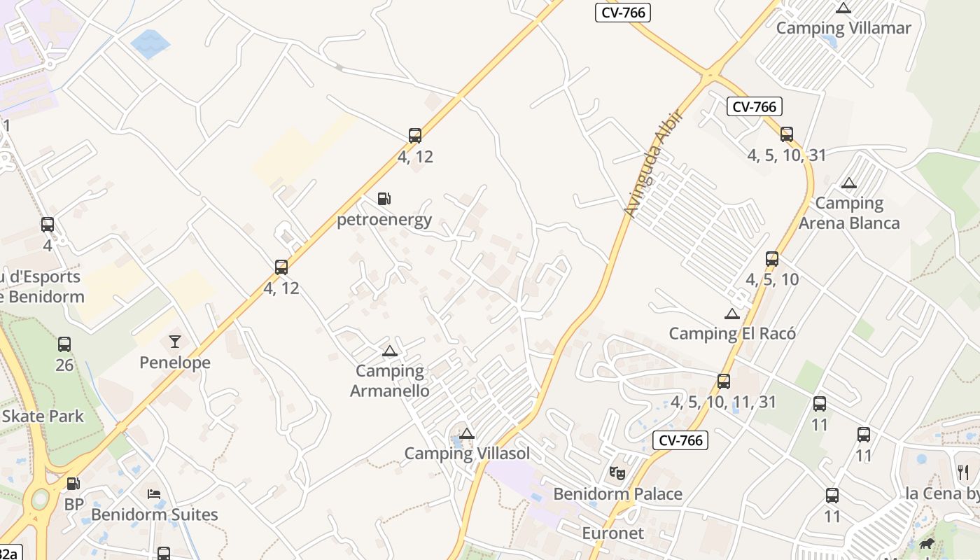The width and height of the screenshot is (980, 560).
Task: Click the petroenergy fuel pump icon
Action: click(384, 199)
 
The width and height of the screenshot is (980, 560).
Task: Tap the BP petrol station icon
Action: click(73, 484)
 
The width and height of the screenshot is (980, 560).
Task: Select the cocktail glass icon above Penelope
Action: click(174, 342)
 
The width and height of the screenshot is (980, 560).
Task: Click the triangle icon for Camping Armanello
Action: click(390, 351)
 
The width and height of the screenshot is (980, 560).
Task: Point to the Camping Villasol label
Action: click(467, 453)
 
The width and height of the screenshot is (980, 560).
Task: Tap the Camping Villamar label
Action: click(843, 28)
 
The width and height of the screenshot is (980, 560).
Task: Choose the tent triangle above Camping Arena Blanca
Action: click(849, 183)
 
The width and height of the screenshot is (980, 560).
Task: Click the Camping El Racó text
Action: click(732, 333)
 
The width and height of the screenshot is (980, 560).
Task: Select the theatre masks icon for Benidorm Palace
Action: click(617, 473)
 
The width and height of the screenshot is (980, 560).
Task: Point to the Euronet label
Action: click(613, 533)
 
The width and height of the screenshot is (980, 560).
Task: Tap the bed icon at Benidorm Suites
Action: click(154, 494)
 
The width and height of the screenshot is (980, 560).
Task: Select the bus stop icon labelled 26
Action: click(64, 344)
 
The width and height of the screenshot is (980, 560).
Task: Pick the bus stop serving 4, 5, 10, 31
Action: click(787, 134)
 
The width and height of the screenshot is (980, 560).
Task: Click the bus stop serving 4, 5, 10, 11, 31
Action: click(724, 381)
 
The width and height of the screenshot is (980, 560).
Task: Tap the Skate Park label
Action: click(42, 416)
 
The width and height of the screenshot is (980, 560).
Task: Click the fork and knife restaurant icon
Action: click(963, 472)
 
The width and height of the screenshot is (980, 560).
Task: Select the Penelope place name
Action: click(174, 363)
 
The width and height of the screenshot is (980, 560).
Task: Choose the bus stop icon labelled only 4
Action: click(48, 225)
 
